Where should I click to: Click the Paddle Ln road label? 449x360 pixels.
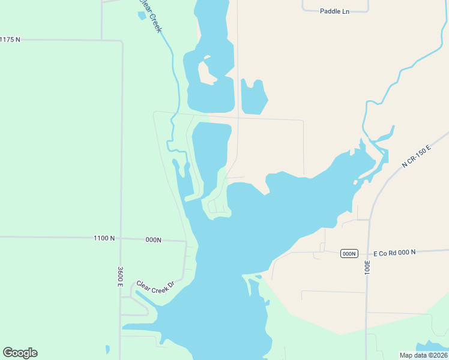pyautogui.click(x=334, y=11)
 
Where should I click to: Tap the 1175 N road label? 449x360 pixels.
pyautogui.click(x=10, y=40)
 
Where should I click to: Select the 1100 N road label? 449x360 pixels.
pyautogui.click(x=104, y=238)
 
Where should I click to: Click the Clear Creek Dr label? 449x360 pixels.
pyautogui.click(x=154, y=287)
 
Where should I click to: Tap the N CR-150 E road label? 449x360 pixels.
pyautogui.click(x=417, y=156)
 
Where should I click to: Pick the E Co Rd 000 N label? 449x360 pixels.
pyautogui.click(x=394, y=253)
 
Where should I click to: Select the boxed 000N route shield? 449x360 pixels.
pyautogui.click(x=349, y=253)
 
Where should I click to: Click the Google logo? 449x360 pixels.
pyautogui.click(x=20, y=353)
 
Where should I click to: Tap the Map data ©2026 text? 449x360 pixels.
pyautogui.click(x=423, y=355)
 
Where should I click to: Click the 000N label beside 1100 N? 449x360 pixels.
pyautogui.click(x=154, y=239)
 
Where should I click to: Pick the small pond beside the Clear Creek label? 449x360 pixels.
pyautogui.click(x=142, y=16)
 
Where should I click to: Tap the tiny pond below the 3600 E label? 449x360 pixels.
pyautogui.click(x=107, y=349)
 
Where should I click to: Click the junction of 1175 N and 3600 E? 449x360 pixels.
pyautogui.click(x=122, y=41)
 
